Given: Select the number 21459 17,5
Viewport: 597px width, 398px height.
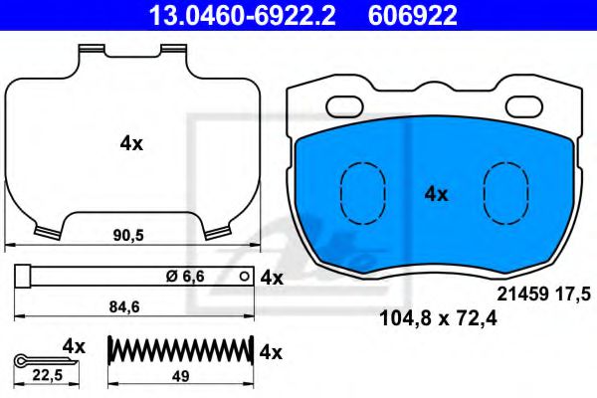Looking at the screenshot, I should (542, 293).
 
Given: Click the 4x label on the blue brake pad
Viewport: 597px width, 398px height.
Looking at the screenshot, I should (436, 194).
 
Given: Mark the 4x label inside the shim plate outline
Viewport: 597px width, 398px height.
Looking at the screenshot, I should (131, 143).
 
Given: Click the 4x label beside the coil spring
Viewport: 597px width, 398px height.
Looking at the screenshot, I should (271, 352).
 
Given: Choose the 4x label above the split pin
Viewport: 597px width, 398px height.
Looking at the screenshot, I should (74, 344).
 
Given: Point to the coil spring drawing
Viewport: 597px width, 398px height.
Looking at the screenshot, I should (179, 351).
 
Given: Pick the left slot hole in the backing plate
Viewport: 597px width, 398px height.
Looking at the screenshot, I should (347, 102).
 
